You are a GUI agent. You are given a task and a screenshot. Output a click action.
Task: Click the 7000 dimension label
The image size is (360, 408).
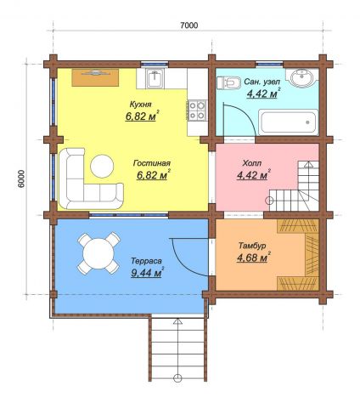[189, 25]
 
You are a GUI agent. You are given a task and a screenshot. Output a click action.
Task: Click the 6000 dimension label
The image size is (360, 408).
[21, 178]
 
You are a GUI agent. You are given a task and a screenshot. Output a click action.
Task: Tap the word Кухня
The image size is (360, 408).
[140, 105]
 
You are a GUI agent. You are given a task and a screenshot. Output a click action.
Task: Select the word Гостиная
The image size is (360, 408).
[152, 163]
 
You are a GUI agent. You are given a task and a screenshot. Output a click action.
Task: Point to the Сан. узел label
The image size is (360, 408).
[262, 82]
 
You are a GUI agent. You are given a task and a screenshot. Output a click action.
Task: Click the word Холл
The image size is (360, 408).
[252, 163]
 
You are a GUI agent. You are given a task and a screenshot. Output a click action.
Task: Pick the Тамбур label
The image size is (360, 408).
[252, 246]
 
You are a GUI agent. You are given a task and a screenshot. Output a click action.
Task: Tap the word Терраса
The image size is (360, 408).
[146, 261]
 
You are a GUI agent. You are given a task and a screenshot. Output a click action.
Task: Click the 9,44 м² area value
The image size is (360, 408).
[148, 273]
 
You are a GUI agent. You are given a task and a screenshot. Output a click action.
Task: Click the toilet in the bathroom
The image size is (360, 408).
[228, 82]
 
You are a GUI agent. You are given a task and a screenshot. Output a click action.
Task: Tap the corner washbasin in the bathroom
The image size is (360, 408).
[302, 76]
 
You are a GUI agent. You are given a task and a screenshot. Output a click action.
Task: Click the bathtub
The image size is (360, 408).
[288, 122]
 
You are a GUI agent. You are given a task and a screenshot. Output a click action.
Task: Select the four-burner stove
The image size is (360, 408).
[197, 110]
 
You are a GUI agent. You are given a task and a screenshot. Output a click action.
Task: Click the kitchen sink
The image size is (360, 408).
[155, 78]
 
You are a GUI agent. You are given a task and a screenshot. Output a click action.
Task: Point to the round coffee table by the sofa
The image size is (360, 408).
[102, 166]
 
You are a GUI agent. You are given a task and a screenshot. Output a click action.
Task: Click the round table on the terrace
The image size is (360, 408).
[98, 253]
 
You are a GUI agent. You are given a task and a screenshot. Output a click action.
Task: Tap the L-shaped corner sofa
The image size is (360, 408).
[68, 195]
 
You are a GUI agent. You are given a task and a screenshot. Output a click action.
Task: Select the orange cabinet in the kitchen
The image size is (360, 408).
[95, 77]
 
